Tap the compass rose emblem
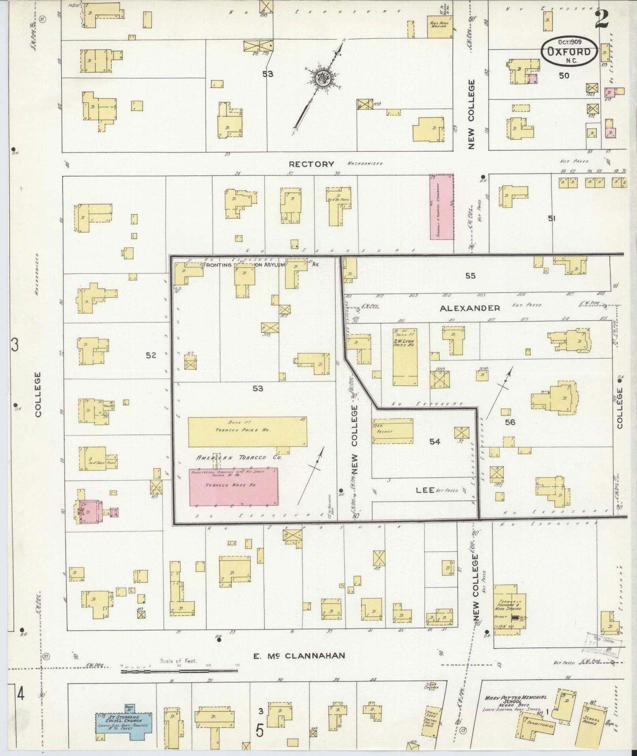tap(323, 78)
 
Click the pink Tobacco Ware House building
tap(234, 487)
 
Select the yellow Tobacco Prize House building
tap(247, 432)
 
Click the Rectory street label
tap(312, 164)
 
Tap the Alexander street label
tap(470, 308)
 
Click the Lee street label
tap(425, 490)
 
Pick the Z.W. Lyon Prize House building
tap(405, 357)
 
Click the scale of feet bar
tap(179, 671)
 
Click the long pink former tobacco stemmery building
tap(442, 207)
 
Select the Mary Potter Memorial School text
tap(515, 701)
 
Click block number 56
tap(510, 422)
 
